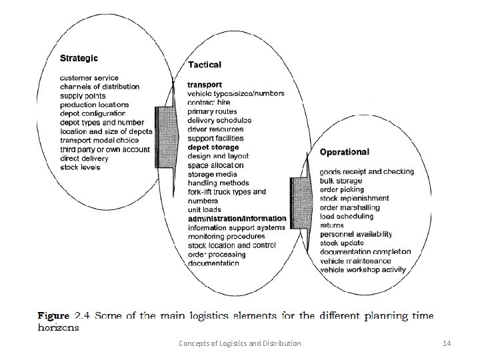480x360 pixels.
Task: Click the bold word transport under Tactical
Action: [205, 85]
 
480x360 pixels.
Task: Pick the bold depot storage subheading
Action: [213, 147]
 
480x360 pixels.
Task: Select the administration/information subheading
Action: [237, 219]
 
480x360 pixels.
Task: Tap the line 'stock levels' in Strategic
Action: [80, 167]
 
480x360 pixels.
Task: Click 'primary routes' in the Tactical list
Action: [212, 111]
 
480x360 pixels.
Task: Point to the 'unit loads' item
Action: [205, 209]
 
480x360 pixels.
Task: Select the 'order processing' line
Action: [216, 254]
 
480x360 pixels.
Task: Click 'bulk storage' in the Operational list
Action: [341, 181]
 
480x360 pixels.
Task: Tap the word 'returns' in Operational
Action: [333, 225]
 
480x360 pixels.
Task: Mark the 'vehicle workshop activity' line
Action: [363, 270]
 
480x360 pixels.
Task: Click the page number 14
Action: [447, 343]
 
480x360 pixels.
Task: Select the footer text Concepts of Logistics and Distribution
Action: [240, 343]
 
